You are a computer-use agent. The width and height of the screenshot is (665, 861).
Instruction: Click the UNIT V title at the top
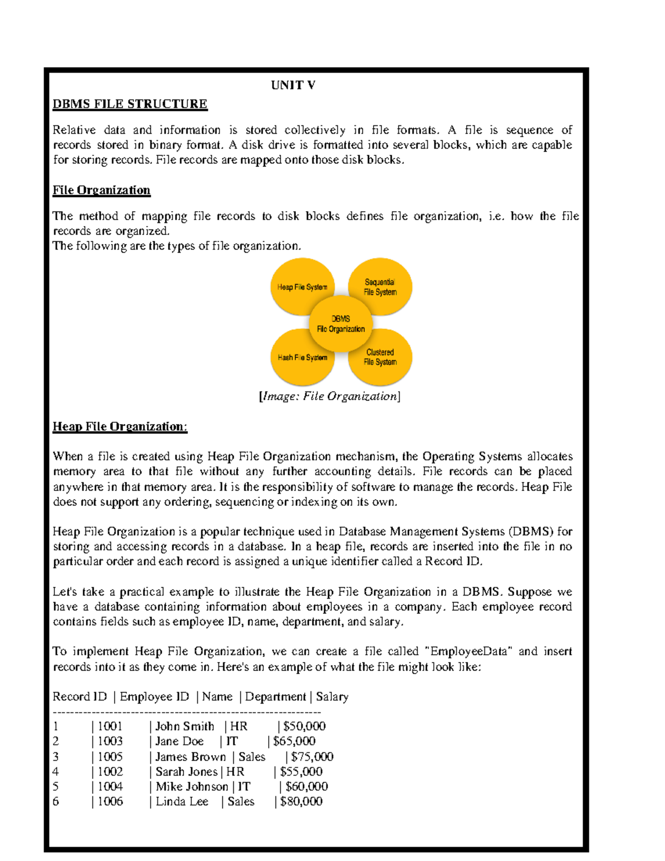[293, 85]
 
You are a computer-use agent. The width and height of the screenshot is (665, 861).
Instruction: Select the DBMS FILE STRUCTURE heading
[130, 104]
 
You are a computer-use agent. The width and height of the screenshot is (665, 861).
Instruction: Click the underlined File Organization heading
[101, 190]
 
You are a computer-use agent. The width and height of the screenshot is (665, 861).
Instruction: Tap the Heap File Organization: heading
[120, 426]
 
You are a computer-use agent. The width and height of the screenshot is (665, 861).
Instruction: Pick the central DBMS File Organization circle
[341, 324]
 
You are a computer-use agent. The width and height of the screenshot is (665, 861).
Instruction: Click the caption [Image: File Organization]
[329, 396]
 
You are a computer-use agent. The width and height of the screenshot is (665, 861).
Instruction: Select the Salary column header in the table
[332, 696]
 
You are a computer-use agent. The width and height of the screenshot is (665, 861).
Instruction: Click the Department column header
[275, 696]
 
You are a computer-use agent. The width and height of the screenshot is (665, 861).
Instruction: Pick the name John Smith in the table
[185, 726]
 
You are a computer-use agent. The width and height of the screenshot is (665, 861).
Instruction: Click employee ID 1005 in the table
[110, 756]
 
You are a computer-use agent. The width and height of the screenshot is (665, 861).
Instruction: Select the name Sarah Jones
[186, 771]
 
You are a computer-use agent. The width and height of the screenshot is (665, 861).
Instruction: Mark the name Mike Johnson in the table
[192, 786]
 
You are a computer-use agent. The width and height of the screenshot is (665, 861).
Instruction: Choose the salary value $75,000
[312, 756]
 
